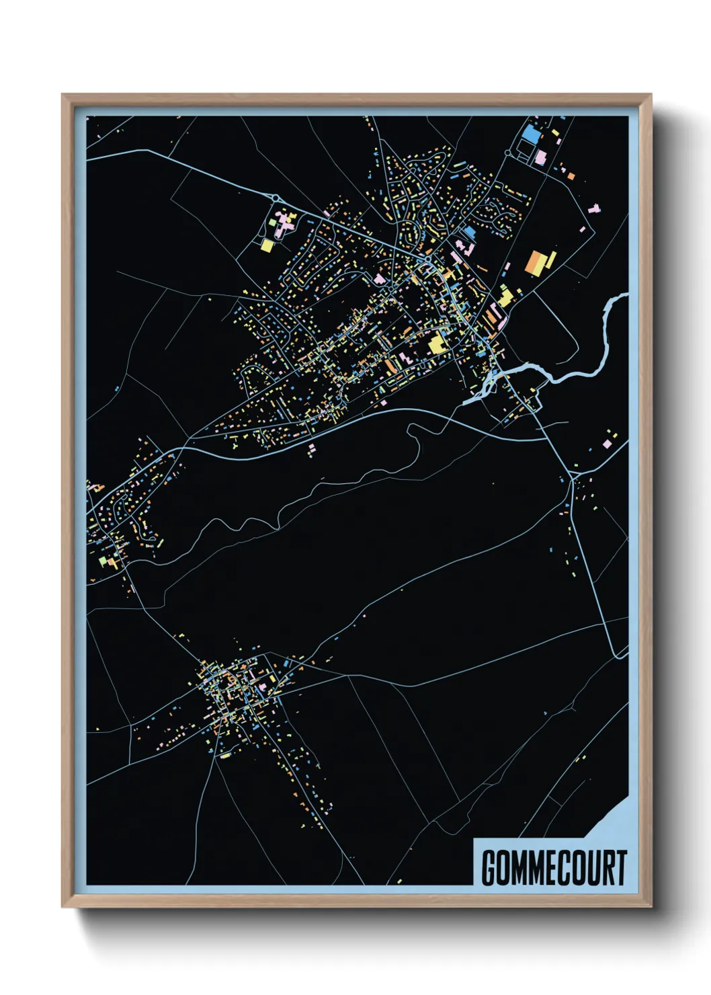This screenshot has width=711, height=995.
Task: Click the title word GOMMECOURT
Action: [554, 868]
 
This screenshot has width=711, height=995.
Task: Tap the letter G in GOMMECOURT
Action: [489, 868]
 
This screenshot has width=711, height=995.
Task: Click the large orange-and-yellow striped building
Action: [540, 262]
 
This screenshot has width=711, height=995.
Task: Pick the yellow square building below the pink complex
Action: [267, 245]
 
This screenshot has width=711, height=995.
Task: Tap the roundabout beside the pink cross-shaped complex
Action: [276, 198]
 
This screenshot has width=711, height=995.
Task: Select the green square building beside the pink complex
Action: [272, 222]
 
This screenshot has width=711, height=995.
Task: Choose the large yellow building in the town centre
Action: [438, 343]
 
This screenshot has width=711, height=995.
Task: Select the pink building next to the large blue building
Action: [540, 157]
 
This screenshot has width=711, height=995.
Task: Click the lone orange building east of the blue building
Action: [571, 176]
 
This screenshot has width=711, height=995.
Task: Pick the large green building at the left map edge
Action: [102, 560]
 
